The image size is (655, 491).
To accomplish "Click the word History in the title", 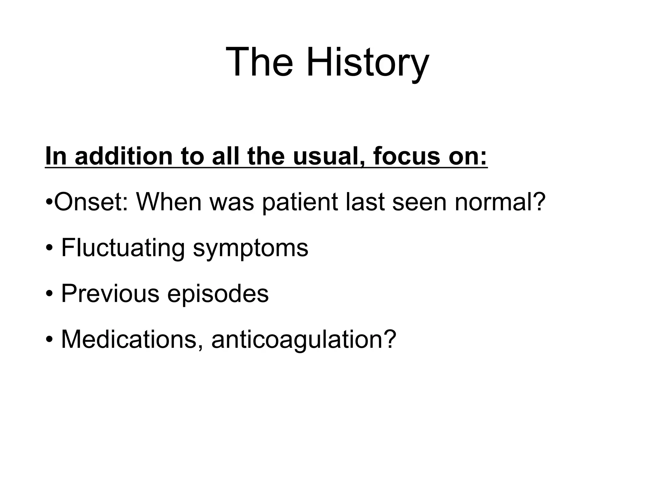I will (x=367, y=62).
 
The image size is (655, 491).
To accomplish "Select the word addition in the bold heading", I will (x=123, y=156).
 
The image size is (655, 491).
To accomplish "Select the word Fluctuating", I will (x=123, y=248).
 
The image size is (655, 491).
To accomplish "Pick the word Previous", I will (x=110, y=293).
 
